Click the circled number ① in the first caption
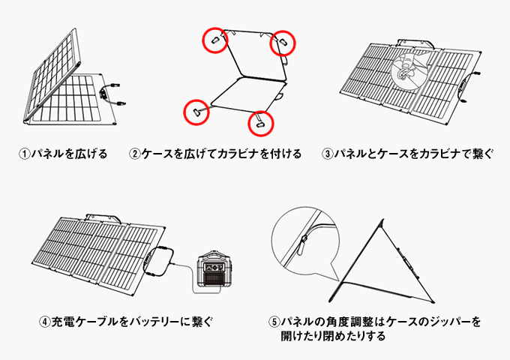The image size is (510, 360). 25,154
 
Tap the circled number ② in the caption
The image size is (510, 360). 135,154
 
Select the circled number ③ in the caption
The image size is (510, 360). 328,154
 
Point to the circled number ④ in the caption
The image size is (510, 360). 44,322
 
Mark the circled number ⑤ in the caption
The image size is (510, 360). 274,322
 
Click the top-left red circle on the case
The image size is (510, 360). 202,40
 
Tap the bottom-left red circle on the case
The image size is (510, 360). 184,112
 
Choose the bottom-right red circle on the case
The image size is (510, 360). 248,124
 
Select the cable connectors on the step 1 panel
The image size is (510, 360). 112,94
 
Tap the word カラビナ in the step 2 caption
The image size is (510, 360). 238,154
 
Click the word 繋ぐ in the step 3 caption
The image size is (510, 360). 483,154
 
